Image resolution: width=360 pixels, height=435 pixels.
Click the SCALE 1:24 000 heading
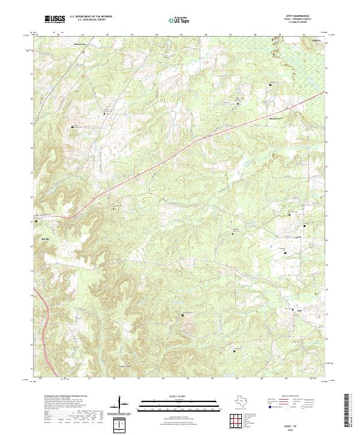click(173, 397)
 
